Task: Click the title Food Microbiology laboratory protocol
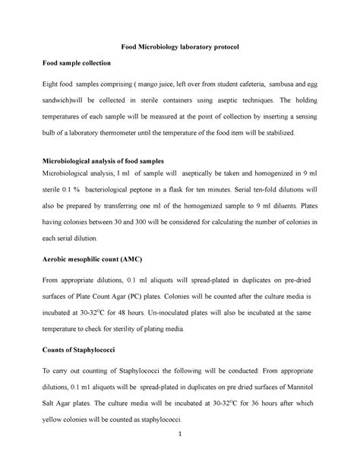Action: (x=180, y=46)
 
